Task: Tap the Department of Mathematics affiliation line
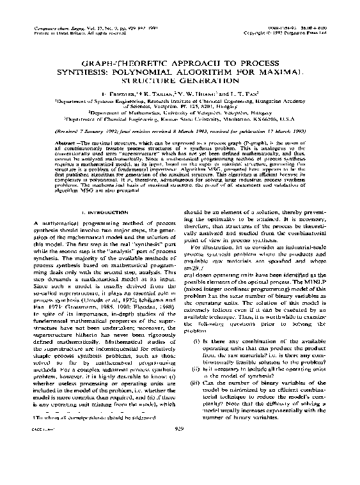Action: click(180, 110)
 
